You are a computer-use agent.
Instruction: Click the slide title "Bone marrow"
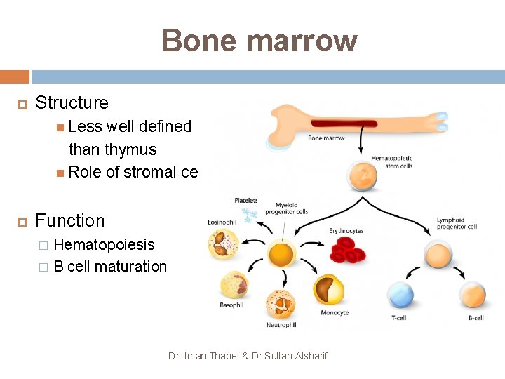pos(259,41)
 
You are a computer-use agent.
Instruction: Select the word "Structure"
pos(72,102)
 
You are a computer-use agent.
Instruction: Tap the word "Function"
pos(69,220)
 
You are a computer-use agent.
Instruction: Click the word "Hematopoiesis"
pos(104,244)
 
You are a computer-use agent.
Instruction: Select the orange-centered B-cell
pos(473,295)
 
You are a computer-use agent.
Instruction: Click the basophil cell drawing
pos(234,285)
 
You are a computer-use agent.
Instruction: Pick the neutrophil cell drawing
pos(281,303)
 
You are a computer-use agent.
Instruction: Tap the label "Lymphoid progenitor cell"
pos(456,224)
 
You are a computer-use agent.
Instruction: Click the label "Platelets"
pos(246,200)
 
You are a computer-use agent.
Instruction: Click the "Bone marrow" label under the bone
pos(326,138)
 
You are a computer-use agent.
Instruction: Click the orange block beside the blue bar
pos(15,77)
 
